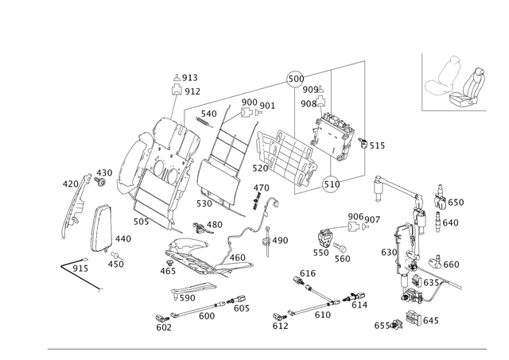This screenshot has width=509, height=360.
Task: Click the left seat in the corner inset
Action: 446,79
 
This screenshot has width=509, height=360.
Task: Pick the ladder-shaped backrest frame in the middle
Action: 224,155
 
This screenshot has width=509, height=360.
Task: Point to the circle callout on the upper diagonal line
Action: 295,77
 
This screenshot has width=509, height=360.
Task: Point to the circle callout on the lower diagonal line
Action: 333,186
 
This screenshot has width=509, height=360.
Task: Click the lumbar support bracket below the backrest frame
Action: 191,254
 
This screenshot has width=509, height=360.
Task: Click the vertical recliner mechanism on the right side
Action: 410,254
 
